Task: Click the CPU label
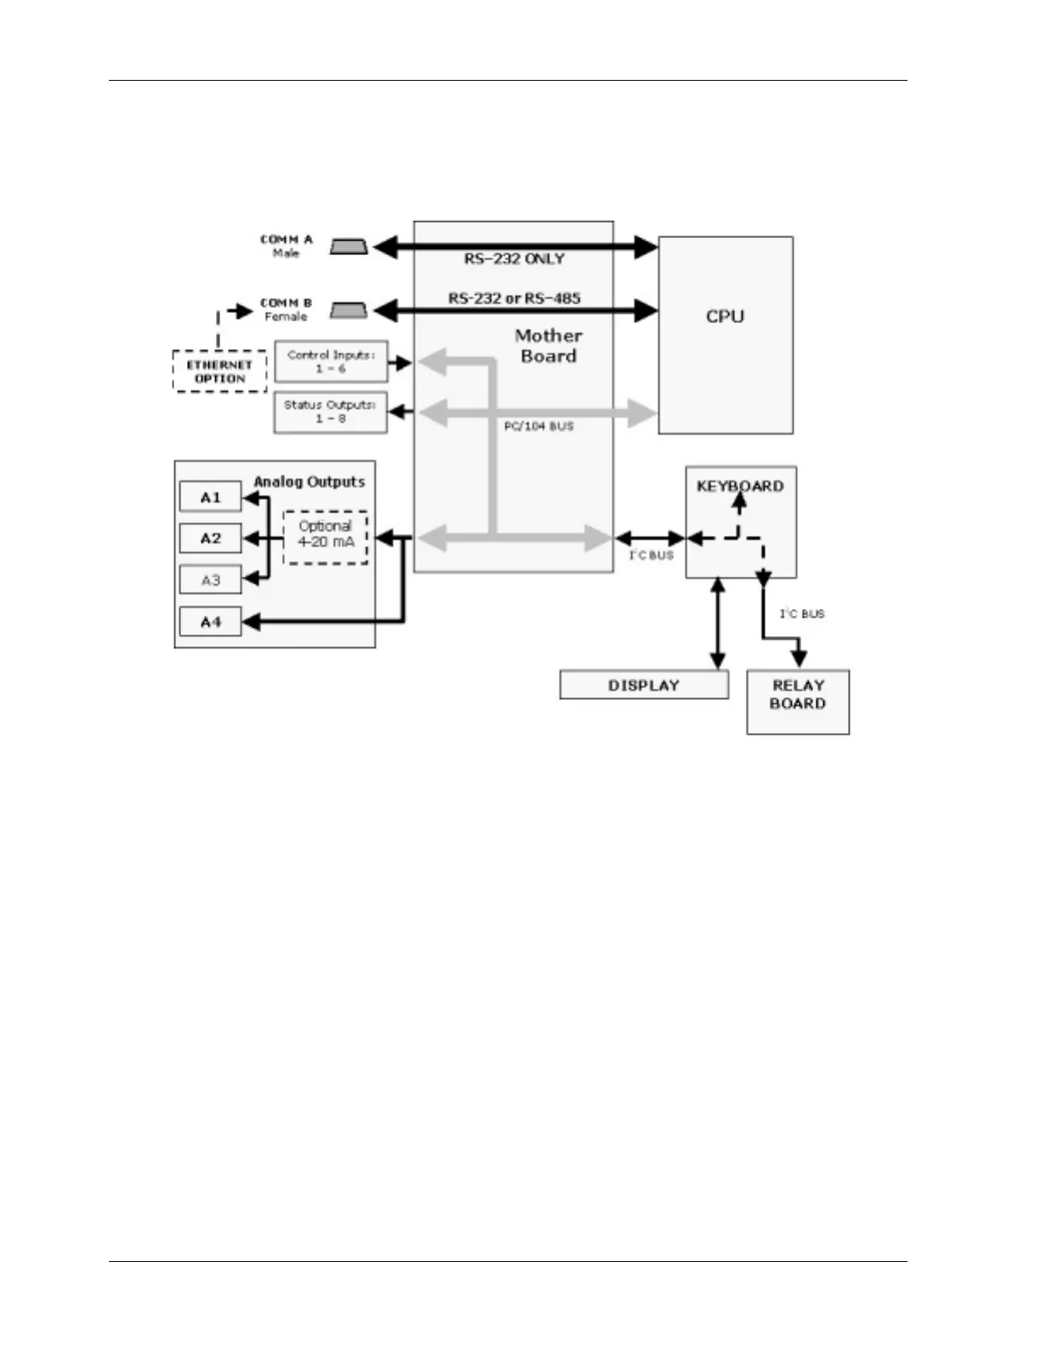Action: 725,316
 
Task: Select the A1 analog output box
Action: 210,497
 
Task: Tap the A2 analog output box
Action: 210,538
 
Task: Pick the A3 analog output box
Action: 210,580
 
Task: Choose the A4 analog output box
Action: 210,622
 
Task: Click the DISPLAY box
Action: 644,685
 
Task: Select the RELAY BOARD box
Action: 798,702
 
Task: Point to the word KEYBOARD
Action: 740,486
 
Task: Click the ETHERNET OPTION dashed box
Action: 219,372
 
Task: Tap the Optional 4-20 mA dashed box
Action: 326,537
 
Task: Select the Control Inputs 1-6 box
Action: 331,362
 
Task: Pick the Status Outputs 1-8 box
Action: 330,412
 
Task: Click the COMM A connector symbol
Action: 349,247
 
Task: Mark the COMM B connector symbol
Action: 349,310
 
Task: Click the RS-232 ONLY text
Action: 514,259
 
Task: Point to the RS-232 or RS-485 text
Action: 514,298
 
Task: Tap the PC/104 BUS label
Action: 538,426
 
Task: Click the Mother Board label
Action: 549,346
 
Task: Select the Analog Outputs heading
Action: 309,482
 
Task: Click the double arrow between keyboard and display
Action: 719,623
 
